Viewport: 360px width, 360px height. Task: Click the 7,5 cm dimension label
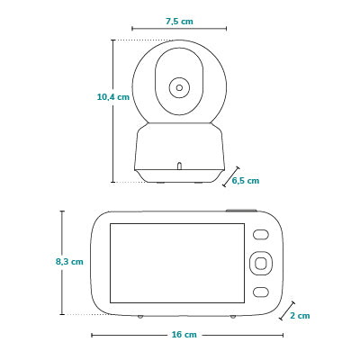click(179, 22)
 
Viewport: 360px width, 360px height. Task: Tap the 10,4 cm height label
click(113, 97)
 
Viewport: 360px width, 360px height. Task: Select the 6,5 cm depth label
click(246, 181)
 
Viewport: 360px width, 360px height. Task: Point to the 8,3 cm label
click(69, 262)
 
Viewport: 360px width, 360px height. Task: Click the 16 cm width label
click(184, 335)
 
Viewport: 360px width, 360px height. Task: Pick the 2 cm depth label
click(300, 316)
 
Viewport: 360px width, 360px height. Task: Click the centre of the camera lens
click(179, 88)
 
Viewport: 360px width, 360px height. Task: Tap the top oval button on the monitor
click(261, 235)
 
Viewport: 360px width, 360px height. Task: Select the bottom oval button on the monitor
click(261, 292)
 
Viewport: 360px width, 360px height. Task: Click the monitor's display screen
click(177, 263)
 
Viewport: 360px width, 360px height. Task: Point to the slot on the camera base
click(179, 166)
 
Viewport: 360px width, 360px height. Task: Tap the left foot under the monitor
click(140, 317)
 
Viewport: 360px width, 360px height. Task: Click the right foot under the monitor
click(233, 317)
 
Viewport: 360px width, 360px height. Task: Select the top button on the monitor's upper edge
click(241, 211)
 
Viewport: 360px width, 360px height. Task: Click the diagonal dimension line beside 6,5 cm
click(231, 176)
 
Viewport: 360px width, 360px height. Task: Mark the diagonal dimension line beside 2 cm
click(287, 311)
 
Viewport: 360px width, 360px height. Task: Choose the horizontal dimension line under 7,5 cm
click(179, 29)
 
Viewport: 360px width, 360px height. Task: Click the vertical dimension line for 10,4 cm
click(113, 111)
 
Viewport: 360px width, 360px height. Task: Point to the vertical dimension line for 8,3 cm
click(62, 263)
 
